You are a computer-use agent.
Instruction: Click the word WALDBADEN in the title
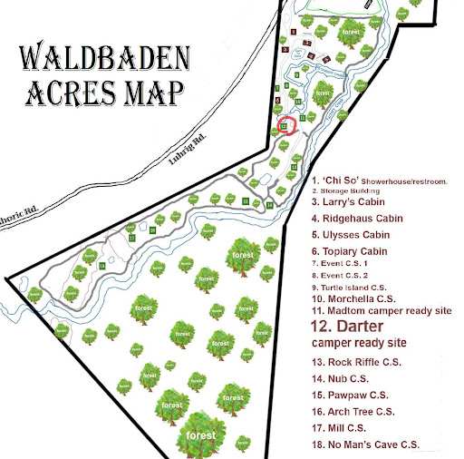105,61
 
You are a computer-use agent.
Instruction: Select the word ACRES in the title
79,93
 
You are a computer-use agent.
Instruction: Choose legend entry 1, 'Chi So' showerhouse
380,181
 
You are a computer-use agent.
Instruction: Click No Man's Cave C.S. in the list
365,444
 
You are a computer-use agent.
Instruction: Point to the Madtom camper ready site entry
381,309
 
